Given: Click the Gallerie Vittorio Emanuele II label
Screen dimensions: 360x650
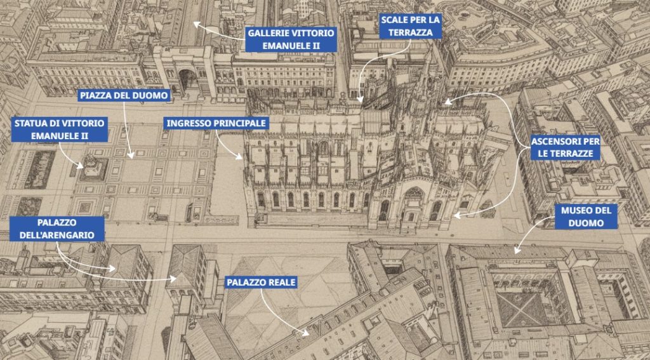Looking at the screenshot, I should [x=290, y=39].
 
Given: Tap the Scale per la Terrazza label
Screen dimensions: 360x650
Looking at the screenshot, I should [x=410, y=25].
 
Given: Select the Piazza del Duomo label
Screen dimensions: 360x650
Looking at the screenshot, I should [x=124, y=96].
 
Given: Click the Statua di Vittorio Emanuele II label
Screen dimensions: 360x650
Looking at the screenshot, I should [x=60, y=130].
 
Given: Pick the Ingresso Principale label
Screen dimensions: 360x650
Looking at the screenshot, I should [x=216, y=123].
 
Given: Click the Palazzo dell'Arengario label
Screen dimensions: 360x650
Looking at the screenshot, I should [x=56, y=229].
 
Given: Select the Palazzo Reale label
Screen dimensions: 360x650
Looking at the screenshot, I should [x=261, y=282].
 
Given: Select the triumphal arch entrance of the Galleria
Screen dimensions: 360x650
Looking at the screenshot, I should [x=188, y=79].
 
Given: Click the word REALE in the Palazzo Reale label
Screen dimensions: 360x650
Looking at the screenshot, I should [x=279, y=282].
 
